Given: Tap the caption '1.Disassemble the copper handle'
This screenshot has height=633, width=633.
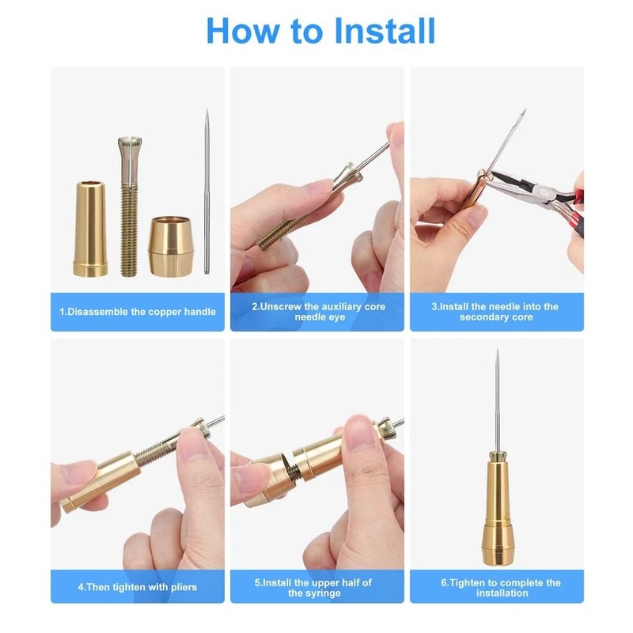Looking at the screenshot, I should pyautogui.click(x=138, y=312).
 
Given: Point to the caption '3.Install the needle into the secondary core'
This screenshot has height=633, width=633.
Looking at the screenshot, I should pyautogui.click(x=495, y=311).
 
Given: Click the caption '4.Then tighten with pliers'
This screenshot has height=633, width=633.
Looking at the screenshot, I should pyautogui.click(x=138, y=587).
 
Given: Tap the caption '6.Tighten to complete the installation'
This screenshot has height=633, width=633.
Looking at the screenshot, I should pyautogui.click(x=495, y=587).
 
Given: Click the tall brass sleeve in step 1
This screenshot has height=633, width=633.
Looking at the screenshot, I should pyautogui.click(x=90, y=229).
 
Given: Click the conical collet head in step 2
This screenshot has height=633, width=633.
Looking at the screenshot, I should pyautogui.click(x=340, y=178).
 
